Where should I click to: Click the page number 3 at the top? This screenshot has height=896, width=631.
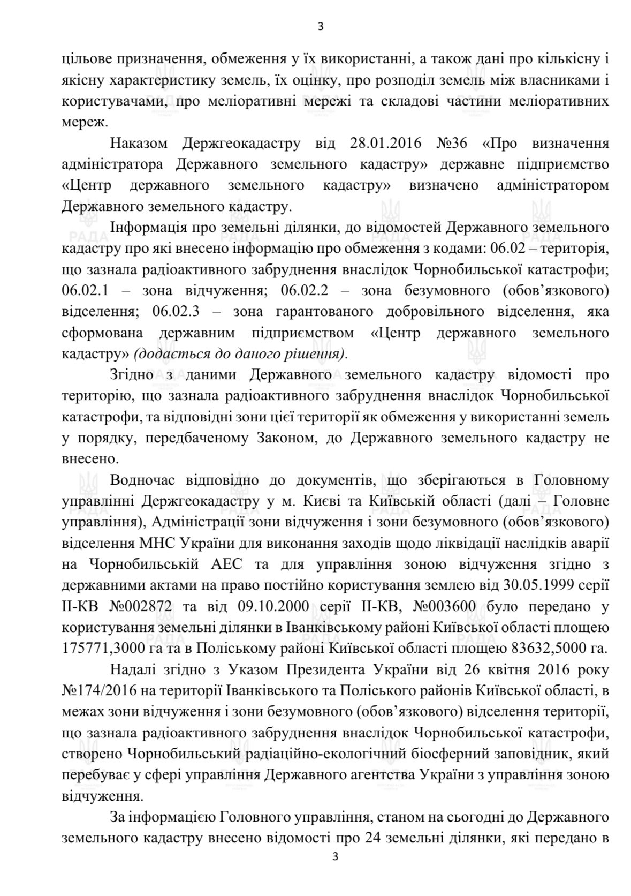click(x=321, y=26)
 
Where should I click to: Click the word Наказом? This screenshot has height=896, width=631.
click(x=139, y=144)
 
